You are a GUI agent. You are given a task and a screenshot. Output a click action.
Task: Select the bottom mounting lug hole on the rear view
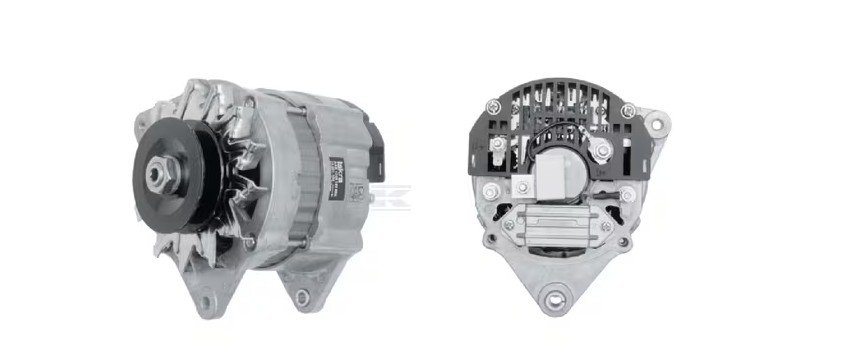point(554,296)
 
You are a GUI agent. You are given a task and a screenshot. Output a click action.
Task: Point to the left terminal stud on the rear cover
point(496,149)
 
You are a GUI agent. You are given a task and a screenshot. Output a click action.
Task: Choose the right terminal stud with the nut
point(600,151)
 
